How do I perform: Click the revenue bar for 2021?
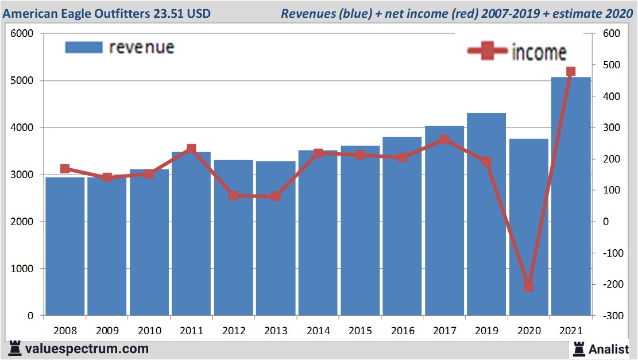click(x=571, y=195)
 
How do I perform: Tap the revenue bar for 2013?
click(x=276, y=238)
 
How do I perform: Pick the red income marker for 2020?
click(x=528, y=286)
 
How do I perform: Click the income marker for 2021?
click(x=571, y=72)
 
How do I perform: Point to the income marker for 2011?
click(x=191, y=149)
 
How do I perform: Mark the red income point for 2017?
click(x=444, y=140)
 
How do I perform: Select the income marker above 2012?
click(x=233, y=195)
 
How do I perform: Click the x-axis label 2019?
click(x=486, y=331)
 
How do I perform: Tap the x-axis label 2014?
click(x=318, y=331)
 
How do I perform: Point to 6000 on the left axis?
click(x=22, y=34)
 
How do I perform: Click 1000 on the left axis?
click(x=22, y=269)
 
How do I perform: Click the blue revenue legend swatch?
click(x=84, y=47)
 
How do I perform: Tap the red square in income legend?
click(x=487, y=52)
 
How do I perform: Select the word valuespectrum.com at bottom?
click(x=87, y=349)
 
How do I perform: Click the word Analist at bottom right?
click(x=609, y=348)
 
